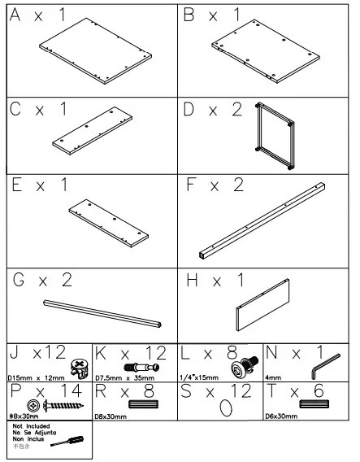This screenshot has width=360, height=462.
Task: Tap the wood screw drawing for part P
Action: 54,405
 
